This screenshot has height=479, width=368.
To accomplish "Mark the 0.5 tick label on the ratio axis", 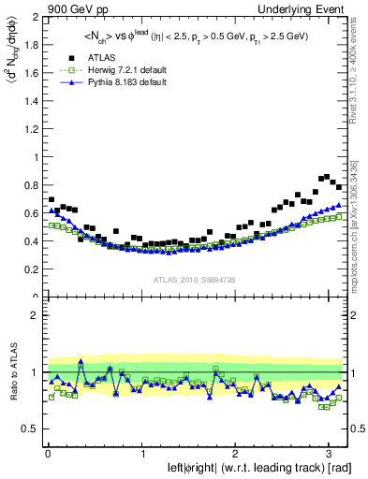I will (29, 429).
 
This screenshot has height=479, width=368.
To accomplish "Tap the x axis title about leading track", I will (245, 468).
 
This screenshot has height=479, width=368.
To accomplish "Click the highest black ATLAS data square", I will (325, 176).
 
